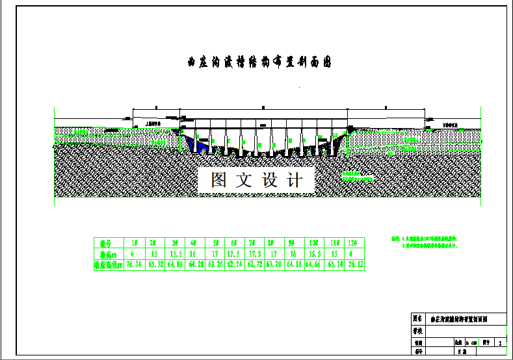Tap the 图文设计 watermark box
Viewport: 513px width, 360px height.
point(256,179)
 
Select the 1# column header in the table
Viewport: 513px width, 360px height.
point(133,242)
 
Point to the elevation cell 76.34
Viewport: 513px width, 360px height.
point(133,264)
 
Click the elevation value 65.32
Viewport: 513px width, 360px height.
point(154,264)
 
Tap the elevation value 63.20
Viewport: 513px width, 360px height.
point(274,264)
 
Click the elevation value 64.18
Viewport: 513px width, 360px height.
point(295,264)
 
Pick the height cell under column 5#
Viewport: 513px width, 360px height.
point(215,253)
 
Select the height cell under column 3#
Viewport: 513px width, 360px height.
point(174,253)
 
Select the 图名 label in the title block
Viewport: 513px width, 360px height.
point(417,319)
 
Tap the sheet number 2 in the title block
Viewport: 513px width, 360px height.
point(499,341)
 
